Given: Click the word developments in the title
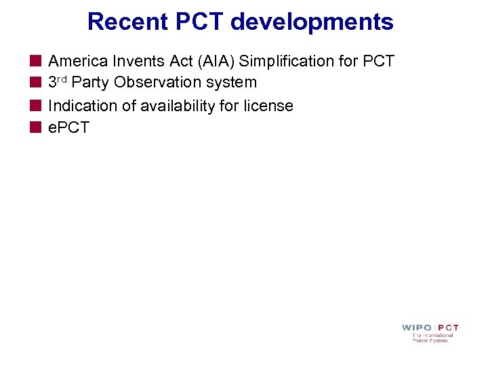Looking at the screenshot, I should pos(312,22).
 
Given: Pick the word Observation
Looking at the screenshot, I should pos(158,83).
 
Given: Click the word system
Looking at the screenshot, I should pos(232,83).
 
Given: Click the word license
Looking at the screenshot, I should pos(270,106).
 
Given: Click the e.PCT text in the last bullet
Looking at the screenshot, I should pos(68,127).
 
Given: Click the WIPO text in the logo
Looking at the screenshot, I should pos(416,328).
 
